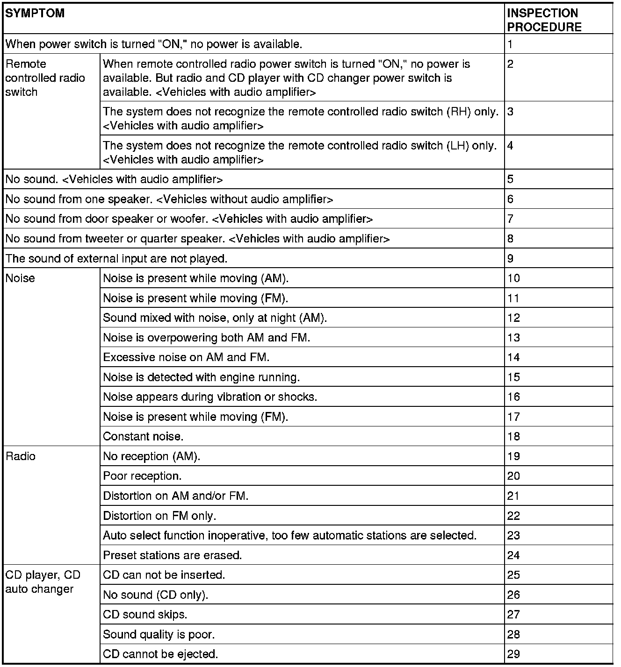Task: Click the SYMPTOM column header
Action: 35,13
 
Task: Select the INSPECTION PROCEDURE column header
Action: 544,20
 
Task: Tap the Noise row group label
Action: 20,278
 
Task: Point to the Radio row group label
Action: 21,456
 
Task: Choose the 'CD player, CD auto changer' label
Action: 43,582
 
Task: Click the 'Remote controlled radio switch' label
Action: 45,78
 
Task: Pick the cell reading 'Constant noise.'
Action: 143,437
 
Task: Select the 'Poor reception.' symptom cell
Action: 142,476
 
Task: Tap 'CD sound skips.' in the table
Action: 145,615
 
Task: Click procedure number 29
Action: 513,654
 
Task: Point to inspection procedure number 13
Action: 513,338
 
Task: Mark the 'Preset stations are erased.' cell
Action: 172,555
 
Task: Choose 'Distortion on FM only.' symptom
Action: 159,516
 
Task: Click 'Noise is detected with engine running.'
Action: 201,377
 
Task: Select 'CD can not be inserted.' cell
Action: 164,575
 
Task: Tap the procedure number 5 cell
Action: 511,179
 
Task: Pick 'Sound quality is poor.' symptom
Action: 159,635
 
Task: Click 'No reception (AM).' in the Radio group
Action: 152,456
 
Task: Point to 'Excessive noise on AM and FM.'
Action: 186,358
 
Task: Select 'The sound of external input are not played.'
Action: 116,259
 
